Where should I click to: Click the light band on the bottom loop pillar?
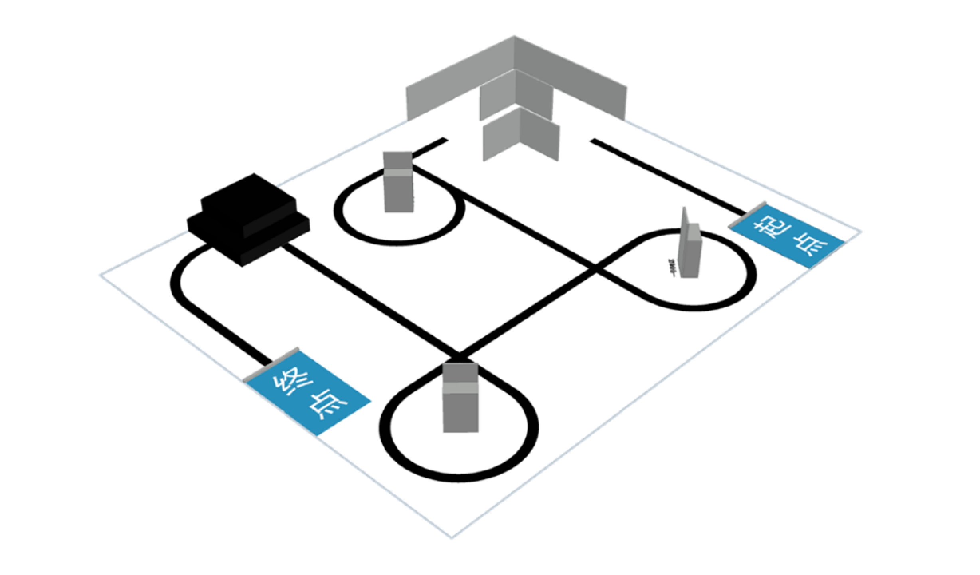pos(460,387)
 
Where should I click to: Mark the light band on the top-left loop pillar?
pos(397,172)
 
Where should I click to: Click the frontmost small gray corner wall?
pos(521,136)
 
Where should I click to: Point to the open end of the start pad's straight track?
pos(593,140)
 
